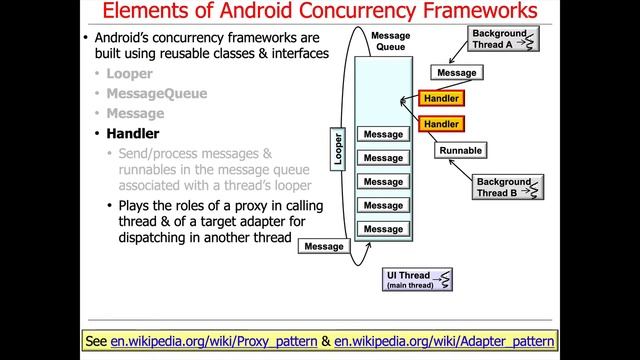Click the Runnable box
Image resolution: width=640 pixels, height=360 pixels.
tap(460, 151)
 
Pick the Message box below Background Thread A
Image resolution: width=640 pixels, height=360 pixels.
tap(457, 73)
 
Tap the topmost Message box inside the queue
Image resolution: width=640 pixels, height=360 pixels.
tap(383, 135)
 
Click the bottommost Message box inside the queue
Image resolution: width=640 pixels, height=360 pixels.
tap(383, 229)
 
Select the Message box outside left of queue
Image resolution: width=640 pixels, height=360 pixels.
tap(323, 246)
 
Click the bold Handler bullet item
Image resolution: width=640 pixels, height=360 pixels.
tap(133, 133)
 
